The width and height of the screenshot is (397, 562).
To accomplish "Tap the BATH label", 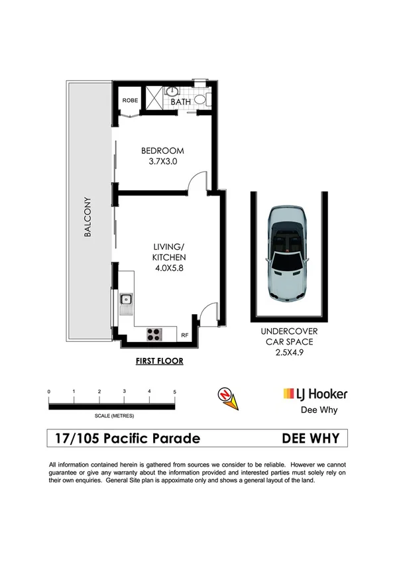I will tap(180, 103).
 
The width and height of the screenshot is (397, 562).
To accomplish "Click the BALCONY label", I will tap(87, 217).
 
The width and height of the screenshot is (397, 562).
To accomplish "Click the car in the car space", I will tap(286, 251).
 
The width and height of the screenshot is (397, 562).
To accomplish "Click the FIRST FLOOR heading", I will tap(159, 361).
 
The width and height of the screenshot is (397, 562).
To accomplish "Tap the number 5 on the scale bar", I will tap(175, 392).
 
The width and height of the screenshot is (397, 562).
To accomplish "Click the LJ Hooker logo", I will tap(315, 394).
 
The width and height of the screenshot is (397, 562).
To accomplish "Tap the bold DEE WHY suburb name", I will tap(310, 438).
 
